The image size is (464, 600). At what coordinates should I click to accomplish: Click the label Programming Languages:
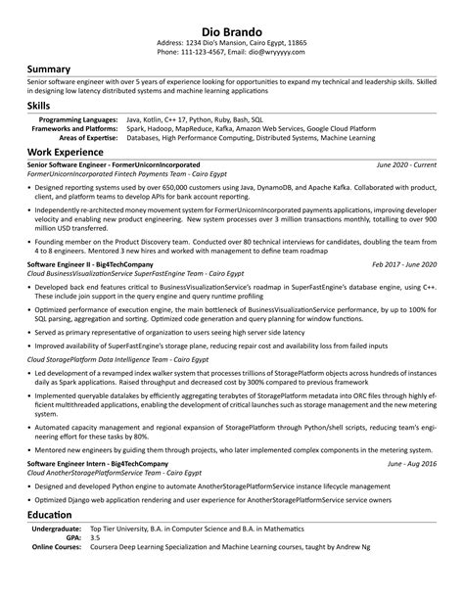80,118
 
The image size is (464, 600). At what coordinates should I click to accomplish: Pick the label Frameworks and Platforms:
75,127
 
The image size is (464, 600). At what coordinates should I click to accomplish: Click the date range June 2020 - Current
406,166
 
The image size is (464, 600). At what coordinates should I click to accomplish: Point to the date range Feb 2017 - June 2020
404,264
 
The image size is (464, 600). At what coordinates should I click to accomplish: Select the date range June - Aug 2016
412,462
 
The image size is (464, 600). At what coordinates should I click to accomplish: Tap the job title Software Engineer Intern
65,462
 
